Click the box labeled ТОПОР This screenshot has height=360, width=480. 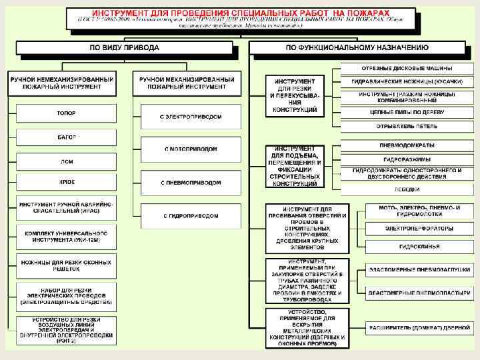tap(66, 113)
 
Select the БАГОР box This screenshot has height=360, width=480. tap(66, 137)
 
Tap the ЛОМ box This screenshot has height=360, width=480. tap(66, 161)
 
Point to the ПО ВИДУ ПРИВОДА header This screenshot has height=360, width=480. tap(124, 48)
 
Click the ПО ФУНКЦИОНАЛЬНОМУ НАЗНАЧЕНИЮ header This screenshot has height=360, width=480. tap(357, 48)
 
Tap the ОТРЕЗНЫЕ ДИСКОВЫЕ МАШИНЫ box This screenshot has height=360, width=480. tap(407, 69)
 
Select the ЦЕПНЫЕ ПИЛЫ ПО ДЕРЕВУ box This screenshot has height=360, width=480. tap(407, 112)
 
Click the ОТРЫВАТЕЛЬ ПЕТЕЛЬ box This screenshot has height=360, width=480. tap(407, 125)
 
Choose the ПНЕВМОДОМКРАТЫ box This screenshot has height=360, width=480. tap(407, 145)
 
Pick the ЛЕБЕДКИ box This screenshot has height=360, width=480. tap(407, 189)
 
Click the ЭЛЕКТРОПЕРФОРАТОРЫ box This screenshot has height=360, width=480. tap(419, 229)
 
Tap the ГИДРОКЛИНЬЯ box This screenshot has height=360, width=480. tap(419, 246)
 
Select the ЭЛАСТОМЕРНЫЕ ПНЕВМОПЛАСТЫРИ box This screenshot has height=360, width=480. tap(419, 293)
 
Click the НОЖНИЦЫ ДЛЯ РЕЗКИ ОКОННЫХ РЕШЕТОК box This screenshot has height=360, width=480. tap(66, 266)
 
